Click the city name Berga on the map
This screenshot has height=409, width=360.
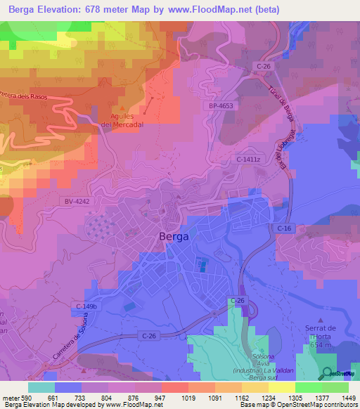pos(174,237)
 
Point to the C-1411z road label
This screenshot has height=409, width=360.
pos(249,160)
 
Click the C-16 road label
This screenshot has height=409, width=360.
pos(284,228)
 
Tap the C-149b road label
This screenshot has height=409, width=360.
pos(87,306)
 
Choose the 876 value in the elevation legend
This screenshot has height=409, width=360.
pos(128,397)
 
